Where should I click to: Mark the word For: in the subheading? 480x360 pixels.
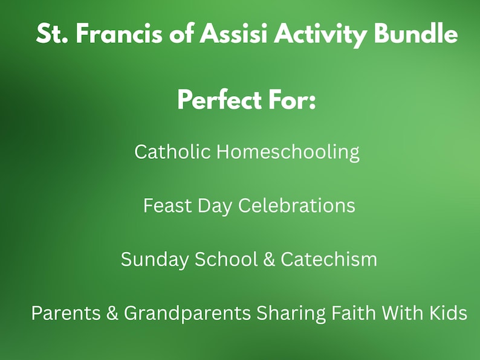[290, 99]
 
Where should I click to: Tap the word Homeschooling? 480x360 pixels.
[288, 152]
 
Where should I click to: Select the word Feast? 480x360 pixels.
[167, 205]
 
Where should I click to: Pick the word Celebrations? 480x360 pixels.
[296, 205]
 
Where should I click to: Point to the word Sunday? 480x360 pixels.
[155, 259]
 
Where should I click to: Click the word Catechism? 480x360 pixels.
[329, 259]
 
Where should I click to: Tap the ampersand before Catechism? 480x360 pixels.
[270, 259]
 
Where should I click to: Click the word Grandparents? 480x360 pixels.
[187, 313]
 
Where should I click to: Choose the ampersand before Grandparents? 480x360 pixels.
[113, 313]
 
